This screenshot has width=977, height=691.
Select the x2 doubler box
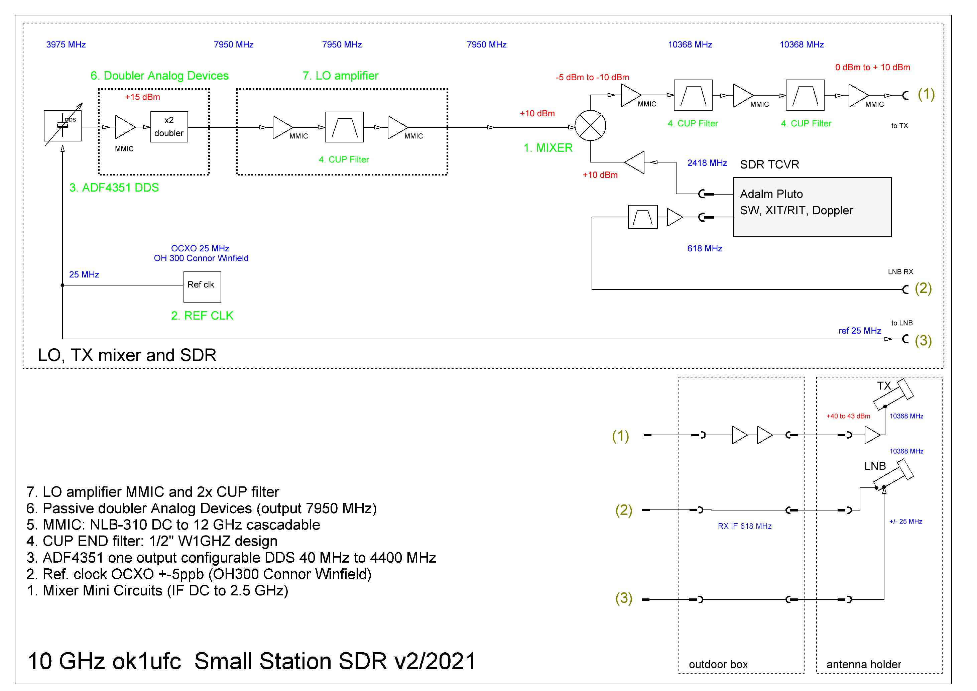click(x=169, y=127)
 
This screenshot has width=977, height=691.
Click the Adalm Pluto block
click(x=812, y=207)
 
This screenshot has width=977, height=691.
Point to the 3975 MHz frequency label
click(x=66, y=45)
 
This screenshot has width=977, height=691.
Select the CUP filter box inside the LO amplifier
click(x=344, y=127)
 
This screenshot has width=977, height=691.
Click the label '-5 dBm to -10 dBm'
click(x=592, y=78)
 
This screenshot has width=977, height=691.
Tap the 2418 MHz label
click(x=707, y=163)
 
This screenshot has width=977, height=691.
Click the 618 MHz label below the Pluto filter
click(x=705, y=248)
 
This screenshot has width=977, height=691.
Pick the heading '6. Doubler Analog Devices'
click(x=159, y=76)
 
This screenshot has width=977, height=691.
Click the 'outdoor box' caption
click(x=718, y=664)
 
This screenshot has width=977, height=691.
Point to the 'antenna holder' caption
click(x=863, y=664)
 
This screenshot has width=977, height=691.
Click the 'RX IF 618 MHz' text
click(x=744, y=526)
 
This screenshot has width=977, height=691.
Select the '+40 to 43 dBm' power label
click(x=848, y=416)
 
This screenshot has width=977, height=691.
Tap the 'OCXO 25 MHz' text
click(x=200, y=248)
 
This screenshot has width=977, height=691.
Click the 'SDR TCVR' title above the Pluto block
click(x=769, y=165)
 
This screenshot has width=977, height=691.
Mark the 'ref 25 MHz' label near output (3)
click(x=860, y=331)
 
